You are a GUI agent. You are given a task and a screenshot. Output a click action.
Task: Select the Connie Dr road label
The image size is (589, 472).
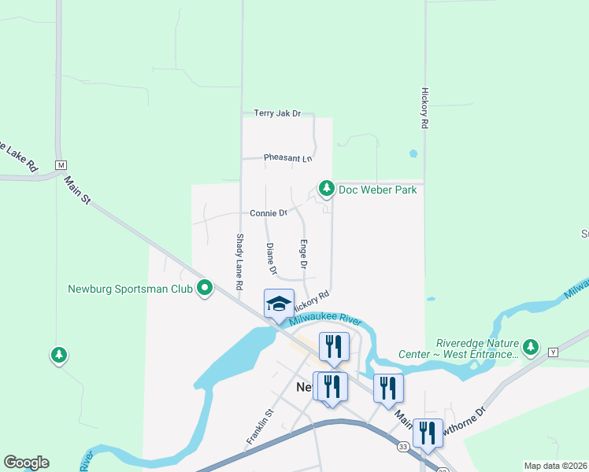click(x=268, y=213)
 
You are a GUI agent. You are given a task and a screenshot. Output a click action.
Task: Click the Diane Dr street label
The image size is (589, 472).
click(x=272, y=259)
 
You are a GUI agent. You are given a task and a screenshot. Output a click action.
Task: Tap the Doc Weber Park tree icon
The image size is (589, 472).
click(x=326, y=189)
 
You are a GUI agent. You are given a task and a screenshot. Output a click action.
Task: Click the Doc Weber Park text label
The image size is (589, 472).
click(x=377, y=190)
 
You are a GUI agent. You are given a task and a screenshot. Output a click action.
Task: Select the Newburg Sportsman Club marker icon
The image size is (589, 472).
click(x=205, y=289)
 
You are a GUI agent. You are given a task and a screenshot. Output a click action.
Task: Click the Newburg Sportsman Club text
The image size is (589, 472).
click(x=131, y=289)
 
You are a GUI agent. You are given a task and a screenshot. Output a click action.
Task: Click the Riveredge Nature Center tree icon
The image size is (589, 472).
click(x=531, y=347)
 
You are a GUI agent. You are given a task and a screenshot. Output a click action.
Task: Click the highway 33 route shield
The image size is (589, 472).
click(x=402, y=446)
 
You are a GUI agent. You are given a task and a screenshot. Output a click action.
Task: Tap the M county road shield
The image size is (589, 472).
click(x=61, y=165)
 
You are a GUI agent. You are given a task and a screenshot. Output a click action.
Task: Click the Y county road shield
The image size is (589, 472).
click(x=553, y=352)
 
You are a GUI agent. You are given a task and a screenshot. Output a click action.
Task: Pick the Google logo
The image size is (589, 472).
click(x=26, y=463)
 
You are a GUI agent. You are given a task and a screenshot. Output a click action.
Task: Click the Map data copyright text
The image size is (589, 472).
click(x=555, y=466)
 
